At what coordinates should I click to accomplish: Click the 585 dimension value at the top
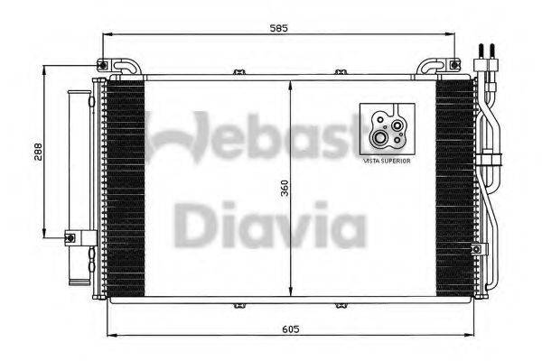tap(279, 28)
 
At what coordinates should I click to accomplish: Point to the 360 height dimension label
tap(284, 189)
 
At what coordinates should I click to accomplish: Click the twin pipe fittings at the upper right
tap(487, 57)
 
